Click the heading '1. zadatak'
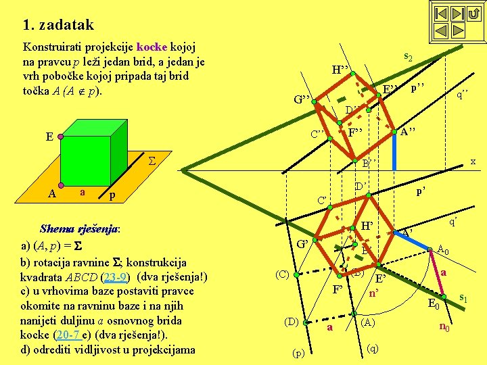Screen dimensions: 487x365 [x=58, y=26]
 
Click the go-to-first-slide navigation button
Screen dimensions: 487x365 [x=441, y=14]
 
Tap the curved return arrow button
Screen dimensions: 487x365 [x=473, y=14]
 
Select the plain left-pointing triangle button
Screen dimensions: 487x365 [x=441, y=30]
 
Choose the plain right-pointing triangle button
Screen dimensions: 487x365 [x=457, y=30]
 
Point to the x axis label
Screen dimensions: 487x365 [x=473, y=161]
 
